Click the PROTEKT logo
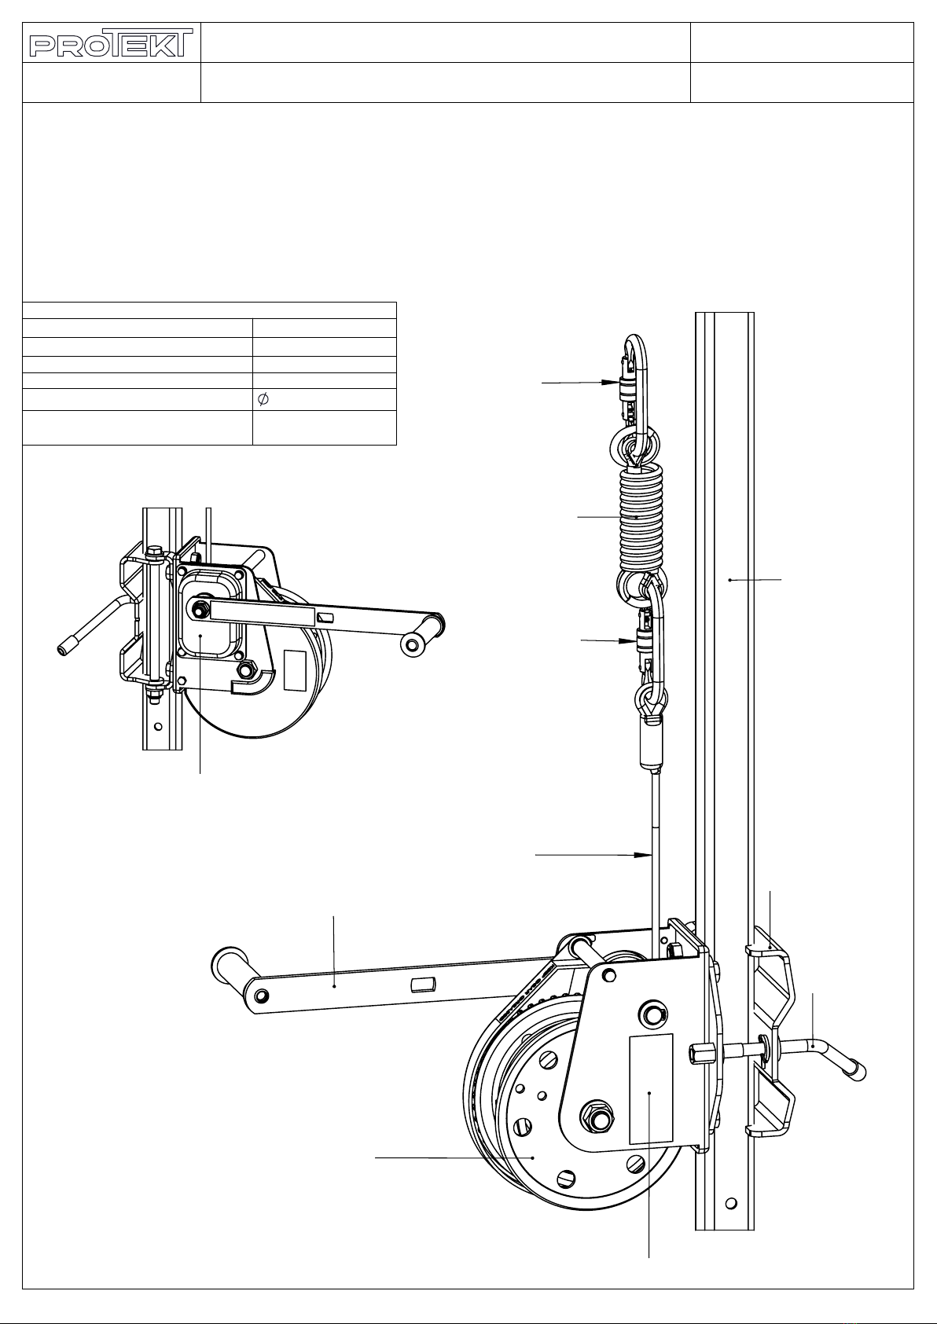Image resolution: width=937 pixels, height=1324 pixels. [111, 42]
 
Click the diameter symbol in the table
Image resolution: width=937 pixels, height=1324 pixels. [263, 400]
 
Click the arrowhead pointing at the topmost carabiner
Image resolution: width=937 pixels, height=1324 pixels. [610, 383]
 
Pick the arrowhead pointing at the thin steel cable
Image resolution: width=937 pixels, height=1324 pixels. [642, 855]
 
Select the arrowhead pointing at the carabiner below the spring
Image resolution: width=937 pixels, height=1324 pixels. [627, 640]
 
